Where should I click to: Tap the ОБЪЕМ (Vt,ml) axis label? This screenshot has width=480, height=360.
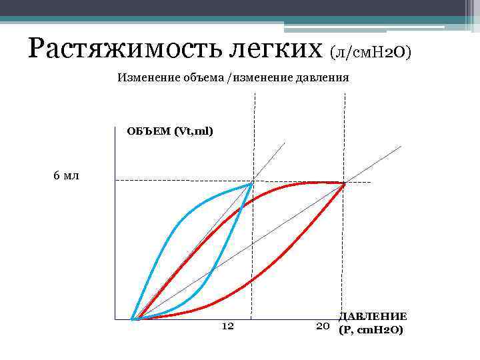[x=170, y=131]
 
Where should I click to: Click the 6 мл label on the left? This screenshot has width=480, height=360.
[x=65, y=176]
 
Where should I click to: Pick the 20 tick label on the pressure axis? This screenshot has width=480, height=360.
[x=323, y=326]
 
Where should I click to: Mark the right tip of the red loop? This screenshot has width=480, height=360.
[x=344, y=183]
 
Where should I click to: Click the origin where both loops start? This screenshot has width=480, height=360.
[x=133, y=319]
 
